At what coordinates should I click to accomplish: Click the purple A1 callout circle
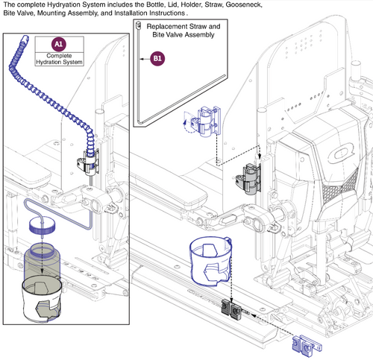click(60, 44)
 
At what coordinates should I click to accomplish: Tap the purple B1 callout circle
click(157, 57)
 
